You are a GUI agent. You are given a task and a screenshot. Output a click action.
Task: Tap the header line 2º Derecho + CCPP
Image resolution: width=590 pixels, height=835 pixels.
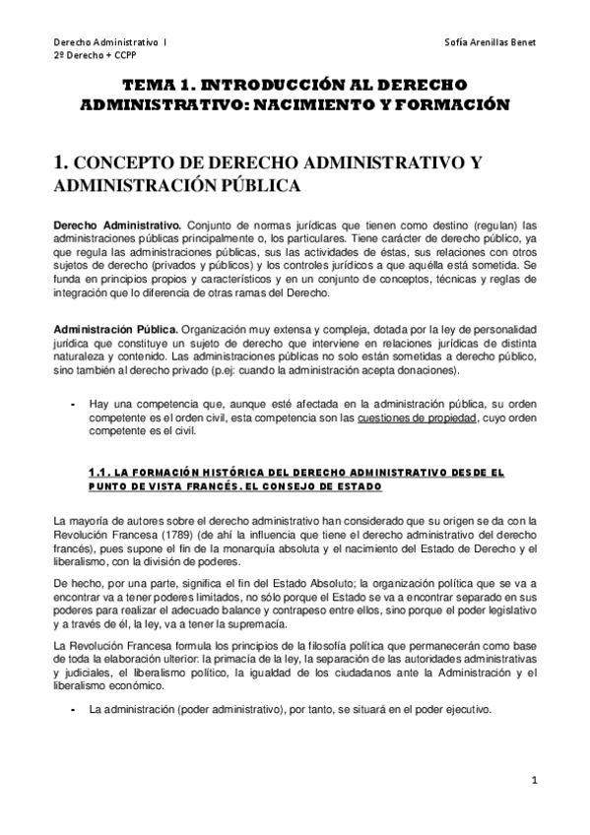click(87, 57)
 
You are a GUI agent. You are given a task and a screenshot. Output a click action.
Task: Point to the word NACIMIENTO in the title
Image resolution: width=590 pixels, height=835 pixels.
click(360, 103)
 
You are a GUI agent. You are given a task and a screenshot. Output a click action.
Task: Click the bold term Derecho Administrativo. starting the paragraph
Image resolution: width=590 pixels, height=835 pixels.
click(117, 224)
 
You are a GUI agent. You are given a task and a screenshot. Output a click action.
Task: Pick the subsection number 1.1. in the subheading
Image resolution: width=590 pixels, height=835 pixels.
click(100, 472)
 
